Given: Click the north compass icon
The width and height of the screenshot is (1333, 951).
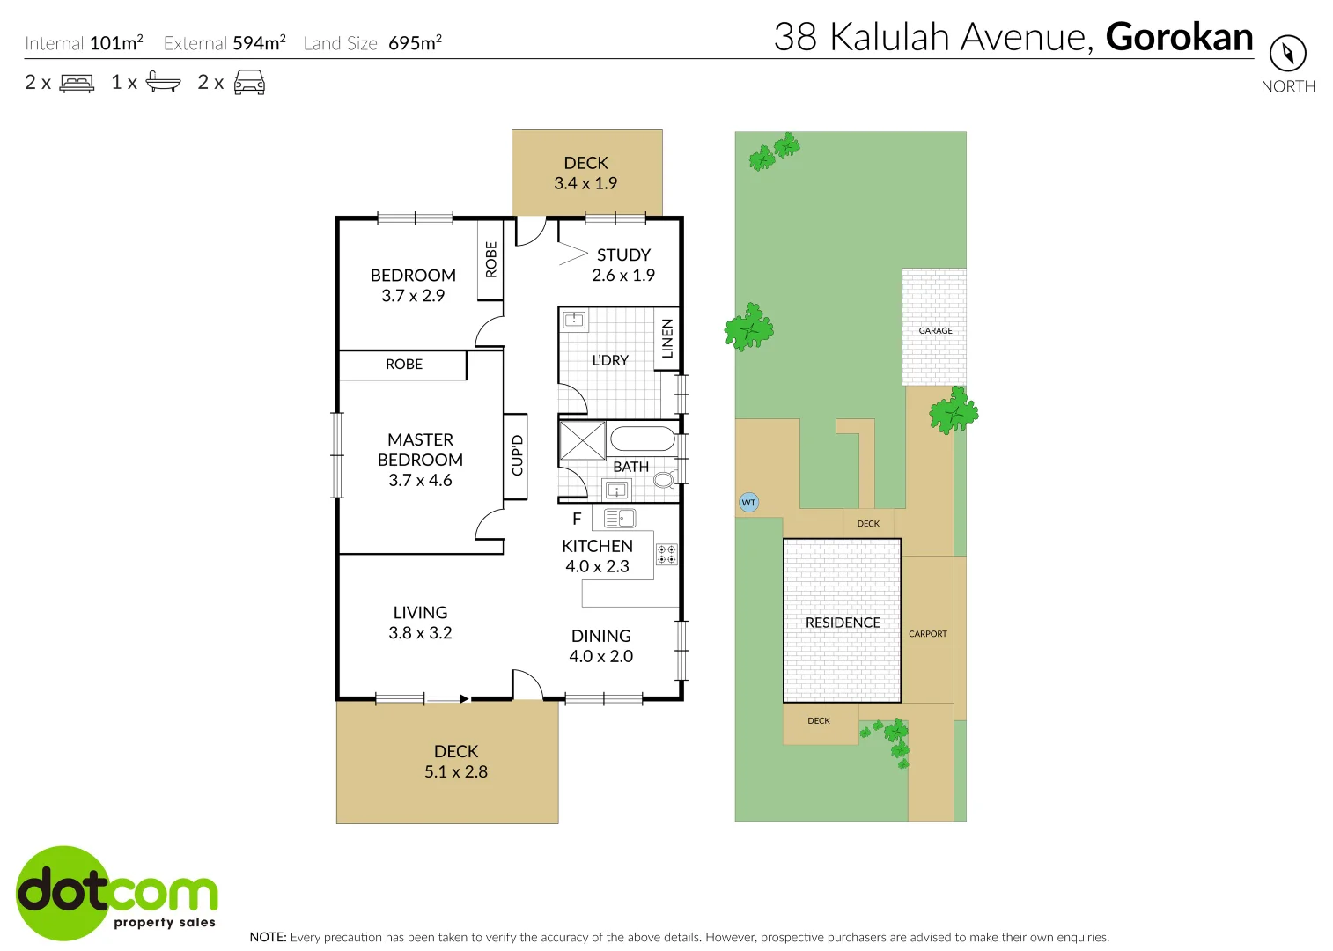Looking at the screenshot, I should [x=1287, y=54].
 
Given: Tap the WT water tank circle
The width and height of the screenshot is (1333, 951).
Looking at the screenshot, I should [x=748, y=503].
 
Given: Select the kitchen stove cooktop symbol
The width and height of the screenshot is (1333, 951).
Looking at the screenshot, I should [x=666, y=554].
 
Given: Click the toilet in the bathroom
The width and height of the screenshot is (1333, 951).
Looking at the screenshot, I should [x=664, y=480].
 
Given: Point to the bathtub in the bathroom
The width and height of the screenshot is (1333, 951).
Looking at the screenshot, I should [x=642, y=439].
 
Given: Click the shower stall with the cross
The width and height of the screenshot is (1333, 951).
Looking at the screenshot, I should [x=582, y=440].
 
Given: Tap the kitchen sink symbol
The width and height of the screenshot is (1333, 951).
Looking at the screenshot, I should [x=620, y=519].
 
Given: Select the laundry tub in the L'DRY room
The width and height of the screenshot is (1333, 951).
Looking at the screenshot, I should [x=574, y=320].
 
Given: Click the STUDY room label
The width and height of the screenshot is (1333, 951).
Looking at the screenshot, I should [x=623, y=255].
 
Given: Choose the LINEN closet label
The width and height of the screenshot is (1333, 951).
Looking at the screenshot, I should [x=667, y=338].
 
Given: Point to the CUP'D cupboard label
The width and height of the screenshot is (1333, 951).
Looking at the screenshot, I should [x=517, y=455].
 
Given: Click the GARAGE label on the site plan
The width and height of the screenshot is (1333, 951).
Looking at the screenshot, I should [x=935, y=331].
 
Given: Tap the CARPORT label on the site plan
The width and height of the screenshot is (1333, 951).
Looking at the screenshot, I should [x=928, y=634].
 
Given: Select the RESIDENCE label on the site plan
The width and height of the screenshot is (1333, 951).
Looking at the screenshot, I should [x=843, y=623].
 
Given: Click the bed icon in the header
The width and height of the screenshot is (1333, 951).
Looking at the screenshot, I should [x=77, y=83].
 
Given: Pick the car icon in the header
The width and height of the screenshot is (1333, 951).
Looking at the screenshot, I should [x=249, y=83].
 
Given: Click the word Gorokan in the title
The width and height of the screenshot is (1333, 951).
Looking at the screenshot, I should [x=1179, y=37].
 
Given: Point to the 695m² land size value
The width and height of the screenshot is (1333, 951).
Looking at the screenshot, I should [x=415, y=43].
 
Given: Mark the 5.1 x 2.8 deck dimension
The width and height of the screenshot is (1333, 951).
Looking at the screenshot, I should [x=456, y=772].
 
